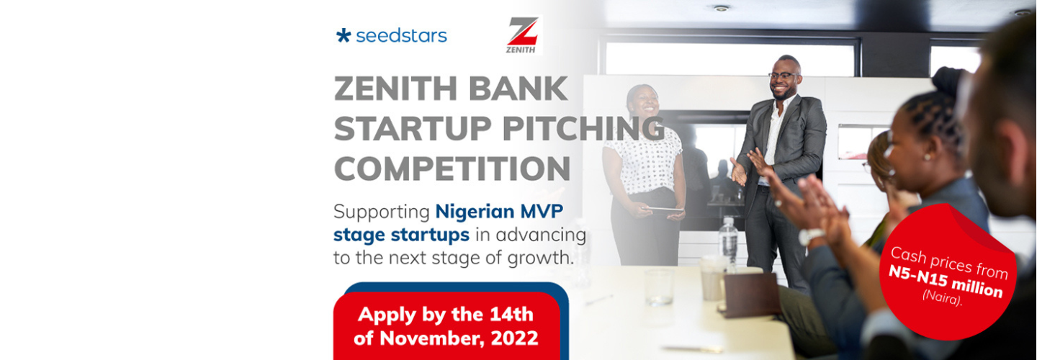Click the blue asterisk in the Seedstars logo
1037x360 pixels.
pos(344,35)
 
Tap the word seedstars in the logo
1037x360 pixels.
pos(401,35)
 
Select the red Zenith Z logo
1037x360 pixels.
pos(523,33)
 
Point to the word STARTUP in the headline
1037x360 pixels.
pos(408,129)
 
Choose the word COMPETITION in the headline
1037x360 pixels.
pos(452,168)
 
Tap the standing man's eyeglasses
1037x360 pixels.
pos(784,75)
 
